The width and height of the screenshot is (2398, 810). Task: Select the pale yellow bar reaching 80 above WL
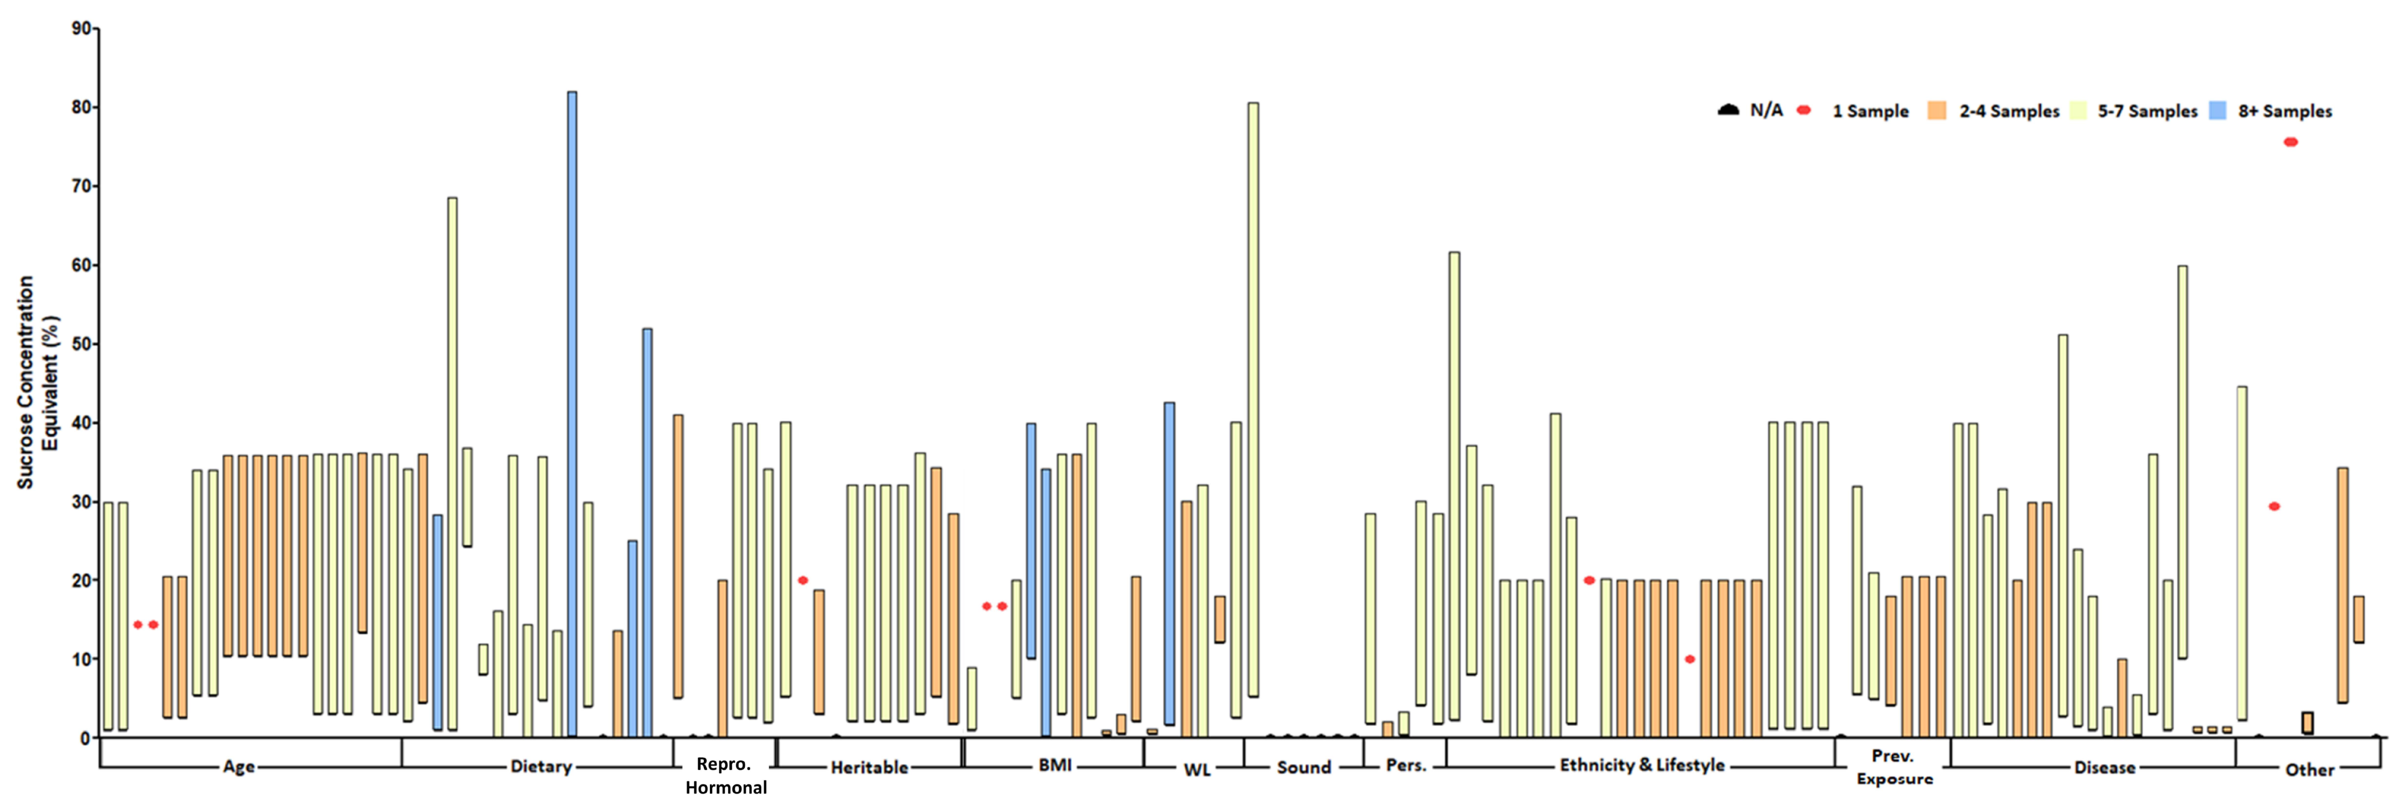coord(1253,400)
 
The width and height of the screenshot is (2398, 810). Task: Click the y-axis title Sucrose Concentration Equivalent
coord(37,382)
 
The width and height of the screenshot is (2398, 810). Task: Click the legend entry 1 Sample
coord(1869,111)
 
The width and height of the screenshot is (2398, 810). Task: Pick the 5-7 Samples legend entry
coord(2147,111)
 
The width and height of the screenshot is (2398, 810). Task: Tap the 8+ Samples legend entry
coord(2284,111)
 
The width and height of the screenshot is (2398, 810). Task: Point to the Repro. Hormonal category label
coord(725,776)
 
